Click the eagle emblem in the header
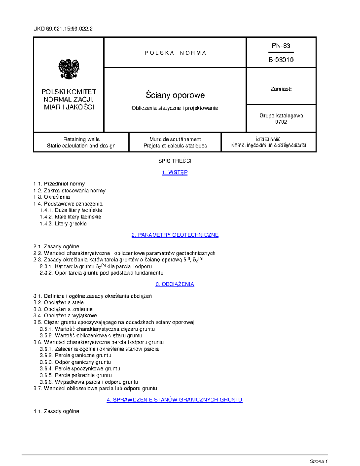(x=69, y=69)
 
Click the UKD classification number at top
(x=63, y=29)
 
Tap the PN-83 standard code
(x=281, y=46)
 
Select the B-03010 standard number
(x=281, y=59)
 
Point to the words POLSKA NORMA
(x=175, y=53)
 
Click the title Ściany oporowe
(x=175, y=95)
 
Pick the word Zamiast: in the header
(x=281, y=89)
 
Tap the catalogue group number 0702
(x=281, y=122)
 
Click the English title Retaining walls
(x=81, y=139)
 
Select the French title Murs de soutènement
(x=175, y=139)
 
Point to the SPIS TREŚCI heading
(x=175, y=161)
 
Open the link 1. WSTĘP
(x=175, y=172)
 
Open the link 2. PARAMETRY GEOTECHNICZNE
(x=175, y=235)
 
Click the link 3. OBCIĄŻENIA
(x=175, y=284)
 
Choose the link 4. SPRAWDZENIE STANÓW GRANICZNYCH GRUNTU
(x=175, y=400)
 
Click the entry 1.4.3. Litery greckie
(x=63, y=224)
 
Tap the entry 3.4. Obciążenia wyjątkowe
(x=65, y=315)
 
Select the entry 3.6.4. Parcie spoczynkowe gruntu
(x=80, y=368)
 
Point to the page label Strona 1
(x=319, y=461)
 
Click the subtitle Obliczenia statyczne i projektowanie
(x=175, y=108)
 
